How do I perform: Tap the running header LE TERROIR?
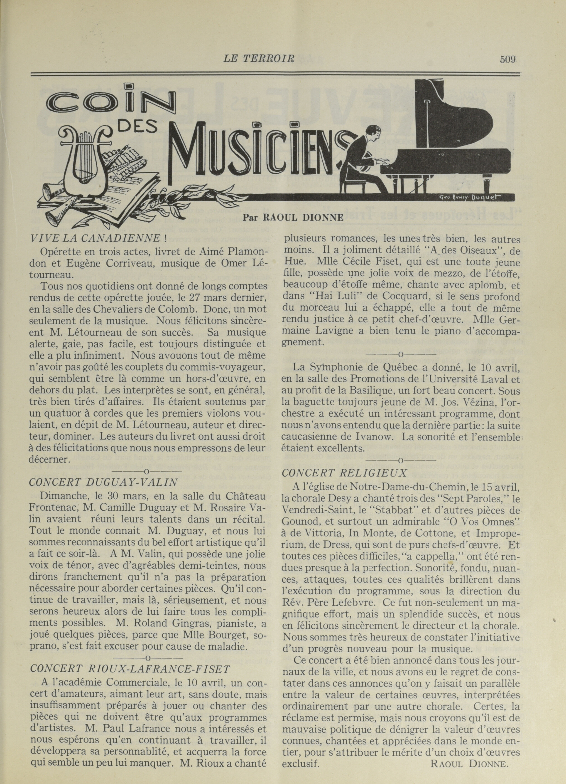[259, 59]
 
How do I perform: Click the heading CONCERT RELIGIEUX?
[344, 472]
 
